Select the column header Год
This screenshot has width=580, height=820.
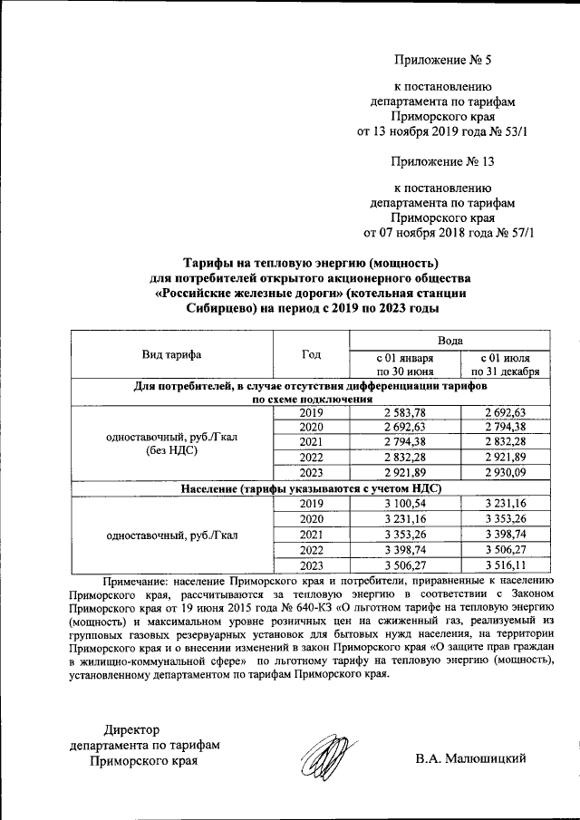311,354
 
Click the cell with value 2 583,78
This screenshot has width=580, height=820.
405,412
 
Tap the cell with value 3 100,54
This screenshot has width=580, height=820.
405,503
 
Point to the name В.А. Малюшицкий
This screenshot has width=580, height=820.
471,758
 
